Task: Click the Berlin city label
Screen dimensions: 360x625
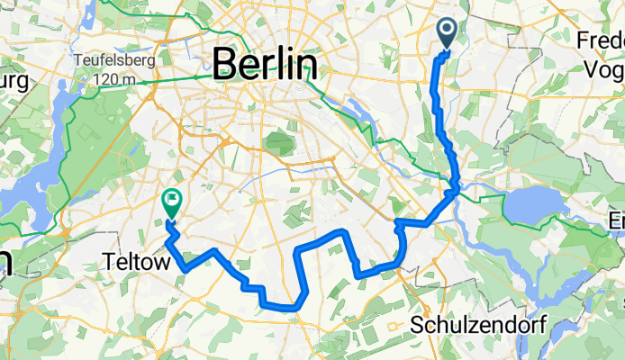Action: click(x=266, y=66)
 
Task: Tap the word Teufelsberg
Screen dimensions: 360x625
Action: click(x=115, y=60)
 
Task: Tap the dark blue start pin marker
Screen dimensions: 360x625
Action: click(x=448, y=34)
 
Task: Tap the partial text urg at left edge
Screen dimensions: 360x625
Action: click(x=14, y=81)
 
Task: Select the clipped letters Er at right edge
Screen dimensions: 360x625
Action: click(x=617, y=221)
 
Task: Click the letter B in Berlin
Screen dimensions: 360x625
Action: click(x=224, y=66)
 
